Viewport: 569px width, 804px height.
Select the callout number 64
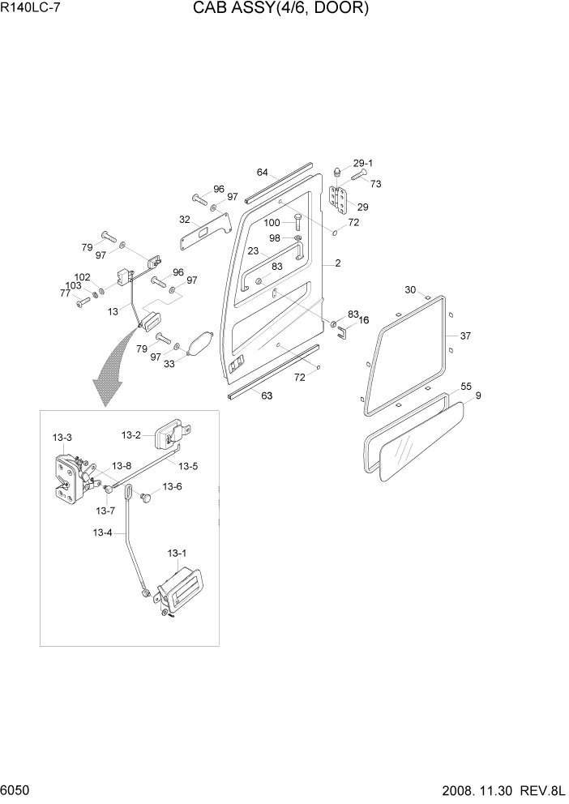262,173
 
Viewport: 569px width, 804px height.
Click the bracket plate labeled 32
205,232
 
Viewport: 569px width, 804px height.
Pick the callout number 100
272,222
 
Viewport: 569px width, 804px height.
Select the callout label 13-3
62,438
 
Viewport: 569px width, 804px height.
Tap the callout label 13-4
103,532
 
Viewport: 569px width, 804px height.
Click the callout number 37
464,336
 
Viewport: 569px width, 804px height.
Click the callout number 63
266,396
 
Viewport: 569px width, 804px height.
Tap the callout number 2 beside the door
337,263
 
